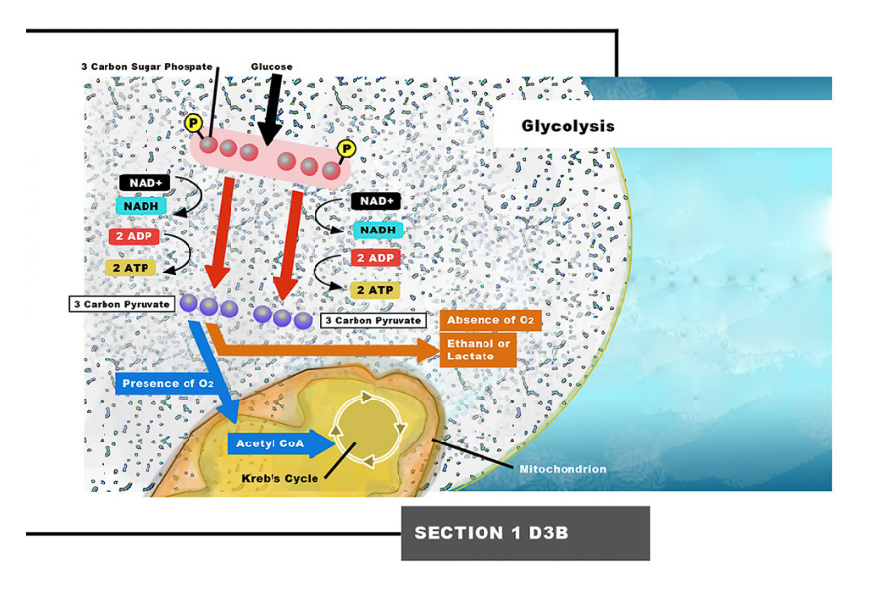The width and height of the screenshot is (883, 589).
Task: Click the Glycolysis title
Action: (x=568, y=126)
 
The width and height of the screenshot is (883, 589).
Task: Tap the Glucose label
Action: (x=272, y=67)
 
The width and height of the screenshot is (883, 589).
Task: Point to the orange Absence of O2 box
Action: (x=491, y=320)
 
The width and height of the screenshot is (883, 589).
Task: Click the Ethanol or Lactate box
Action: (x=479, y=350)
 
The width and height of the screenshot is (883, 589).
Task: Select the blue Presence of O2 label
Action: (x=165, y=383)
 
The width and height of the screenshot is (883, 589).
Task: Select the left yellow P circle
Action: (x=193, y=123)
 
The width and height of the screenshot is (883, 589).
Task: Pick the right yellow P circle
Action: (x=345, y=148)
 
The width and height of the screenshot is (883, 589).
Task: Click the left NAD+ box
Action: (x=143, y=183)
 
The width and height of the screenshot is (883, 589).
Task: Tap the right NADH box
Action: (x=376, y=230)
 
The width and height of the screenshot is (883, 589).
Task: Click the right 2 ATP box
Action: (x=375, y=290)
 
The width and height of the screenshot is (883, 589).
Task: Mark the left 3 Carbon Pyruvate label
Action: (x=122, y=304)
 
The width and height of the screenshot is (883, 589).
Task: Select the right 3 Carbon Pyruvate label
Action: (x=372, y=319)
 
